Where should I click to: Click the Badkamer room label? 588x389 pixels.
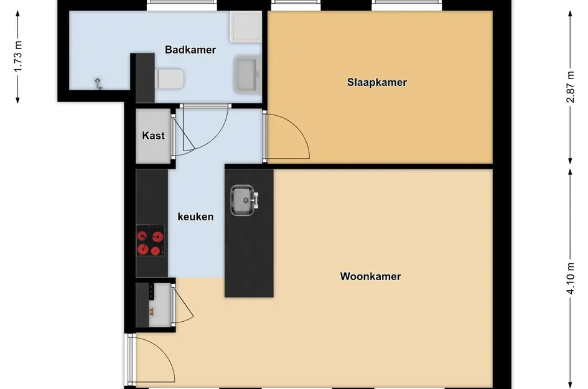tap(190, 50)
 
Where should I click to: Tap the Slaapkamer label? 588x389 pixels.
tap(377, 83)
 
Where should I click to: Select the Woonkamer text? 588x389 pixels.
tap(370, 276)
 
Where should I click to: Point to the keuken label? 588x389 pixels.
tap(195, 217)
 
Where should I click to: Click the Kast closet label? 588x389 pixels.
tap(153, 136)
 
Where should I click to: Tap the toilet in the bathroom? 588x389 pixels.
tap(169, 78)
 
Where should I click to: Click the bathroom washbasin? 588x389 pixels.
tap(247, 74)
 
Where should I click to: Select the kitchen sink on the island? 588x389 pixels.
tap(243, 200)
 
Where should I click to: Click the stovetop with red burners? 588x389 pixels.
tap(150, 240)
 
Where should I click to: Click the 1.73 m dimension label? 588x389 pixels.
tap(18, 56)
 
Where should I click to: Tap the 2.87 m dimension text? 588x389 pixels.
tap(570, 87)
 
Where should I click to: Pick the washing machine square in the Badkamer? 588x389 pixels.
tap(246, 27)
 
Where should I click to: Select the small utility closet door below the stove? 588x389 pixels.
tap(183, 304)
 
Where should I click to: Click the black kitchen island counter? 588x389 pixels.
tap(249, 233)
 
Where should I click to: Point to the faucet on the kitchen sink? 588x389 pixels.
tap(256, 200)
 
